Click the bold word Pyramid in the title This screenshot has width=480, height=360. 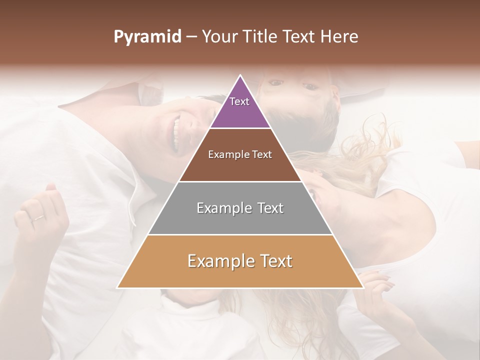tap(147, 37)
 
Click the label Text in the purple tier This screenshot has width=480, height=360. tap(239, 101)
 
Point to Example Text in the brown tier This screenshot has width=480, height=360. tap(240, 154)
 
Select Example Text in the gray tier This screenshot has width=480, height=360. tap(240, 208)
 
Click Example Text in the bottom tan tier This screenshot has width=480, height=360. tap(240, 261)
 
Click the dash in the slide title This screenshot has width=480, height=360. tap(191, 37)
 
